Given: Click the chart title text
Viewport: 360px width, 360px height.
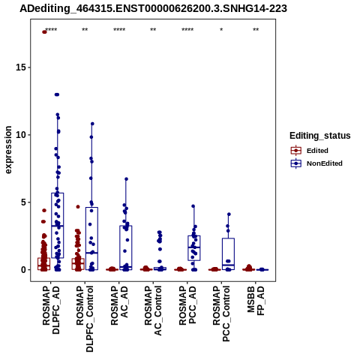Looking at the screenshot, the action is coord(153,9).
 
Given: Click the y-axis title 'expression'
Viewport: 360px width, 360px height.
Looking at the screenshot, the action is coord(8,150).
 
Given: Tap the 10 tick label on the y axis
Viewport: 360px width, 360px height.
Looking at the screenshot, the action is coord(21,135).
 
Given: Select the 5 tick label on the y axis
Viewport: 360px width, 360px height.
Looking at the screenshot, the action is coord(23,202).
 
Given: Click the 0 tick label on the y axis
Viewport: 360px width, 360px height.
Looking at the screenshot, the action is coord(23,270).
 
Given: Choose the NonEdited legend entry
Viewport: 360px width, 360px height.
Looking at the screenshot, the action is coord(316,163).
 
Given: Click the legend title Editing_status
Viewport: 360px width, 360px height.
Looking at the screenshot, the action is coord(320,136).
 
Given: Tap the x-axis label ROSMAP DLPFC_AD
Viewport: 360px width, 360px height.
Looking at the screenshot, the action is coord(51,310).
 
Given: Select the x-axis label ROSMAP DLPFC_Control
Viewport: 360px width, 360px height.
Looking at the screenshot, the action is coord(85,319).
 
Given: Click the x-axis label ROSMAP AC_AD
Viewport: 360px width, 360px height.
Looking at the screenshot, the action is coord(119,305).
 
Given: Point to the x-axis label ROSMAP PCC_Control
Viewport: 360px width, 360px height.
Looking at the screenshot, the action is coord(221,314).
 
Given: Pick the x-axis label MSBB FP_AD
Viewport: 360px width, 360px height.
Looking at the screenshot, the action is coord(256,301).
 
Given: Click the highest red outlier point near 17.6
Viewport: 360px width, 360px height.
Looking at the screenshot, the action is coord(44,32).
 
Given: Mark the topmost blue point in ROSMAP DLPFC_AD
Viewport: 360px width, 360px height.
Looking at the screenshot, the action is coord(57,94).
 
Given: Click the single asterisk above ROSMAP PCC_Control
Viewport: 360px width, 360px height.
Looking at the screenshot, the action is coord(221,30).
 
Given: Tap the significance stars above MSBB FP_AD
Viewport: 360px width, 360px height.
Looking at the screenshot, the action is coord(256,30).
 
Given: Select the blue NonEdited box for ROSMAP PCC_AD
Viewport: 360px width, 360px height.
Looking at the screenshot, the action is coord(194,248).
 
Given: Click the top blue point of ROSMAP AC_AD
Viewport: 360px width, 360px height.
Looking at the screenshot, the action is coord(126,179).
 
